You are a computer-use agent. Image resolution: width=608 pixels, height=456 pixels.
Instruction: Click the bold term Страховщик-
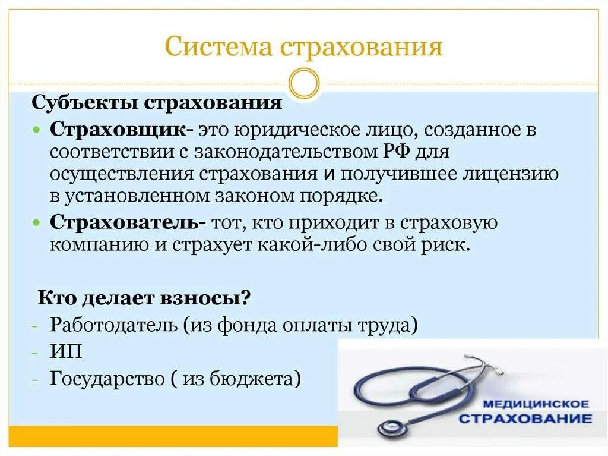coord(122,130)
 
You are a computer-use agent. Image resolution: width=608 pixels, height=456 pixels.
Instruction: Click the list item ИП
coord(66,352)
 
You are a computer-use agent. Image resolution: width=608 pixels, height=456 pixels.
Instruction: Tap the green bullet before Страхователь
coord(37,223)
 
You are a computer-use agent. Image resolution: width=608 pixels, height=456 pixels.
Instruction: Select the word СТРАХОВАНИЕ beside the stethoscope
coord(525,418)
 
